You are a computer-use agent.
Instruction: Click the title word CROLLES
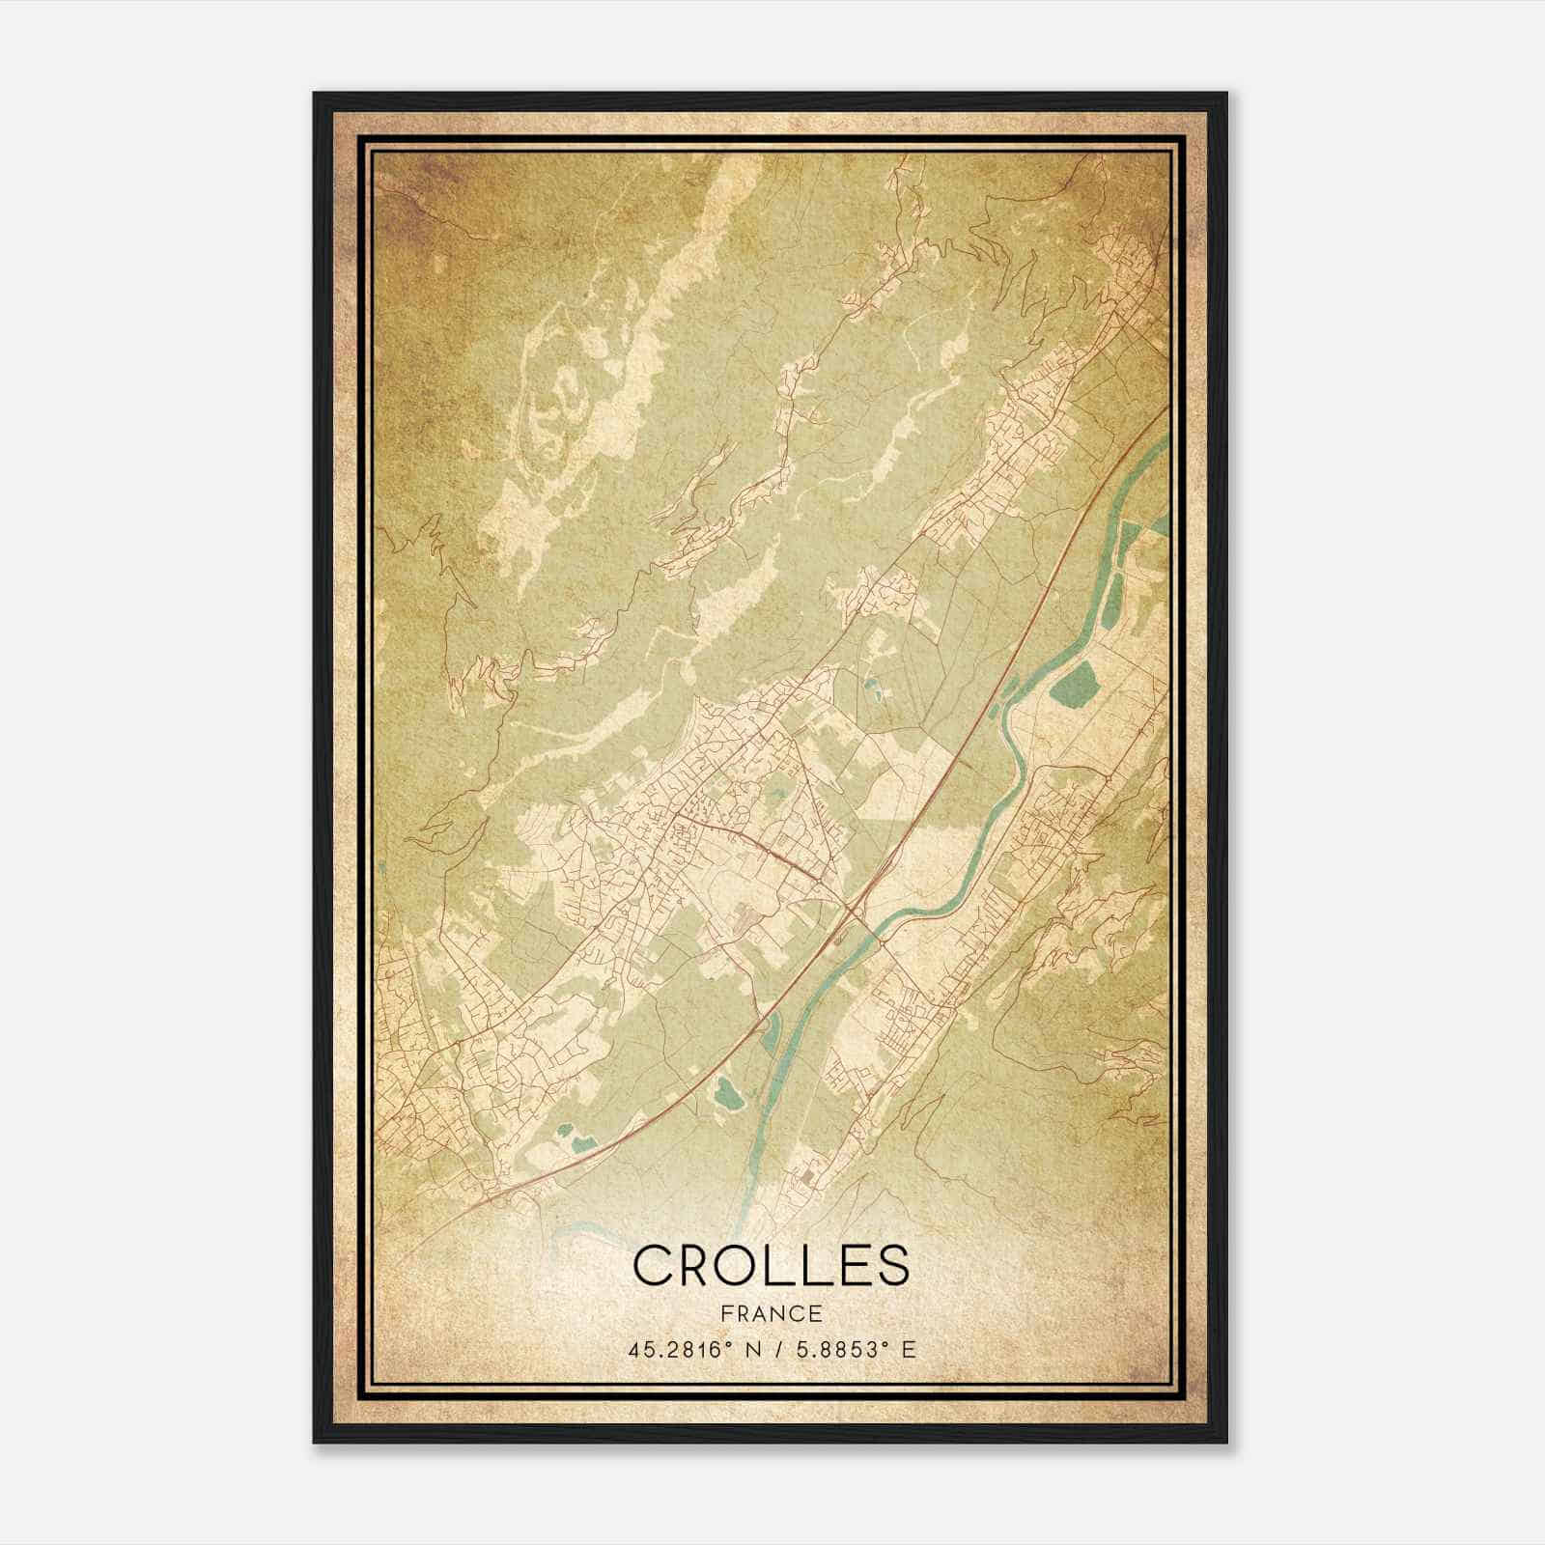tap(771, 1266)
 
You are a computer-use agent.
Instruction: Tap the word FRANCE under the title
tap(771, 1314)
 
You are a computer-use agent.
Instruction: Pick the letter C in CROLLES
tap(652, 1266)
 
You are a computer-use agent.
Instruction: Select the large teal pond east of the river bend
tap(1071, 682)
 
